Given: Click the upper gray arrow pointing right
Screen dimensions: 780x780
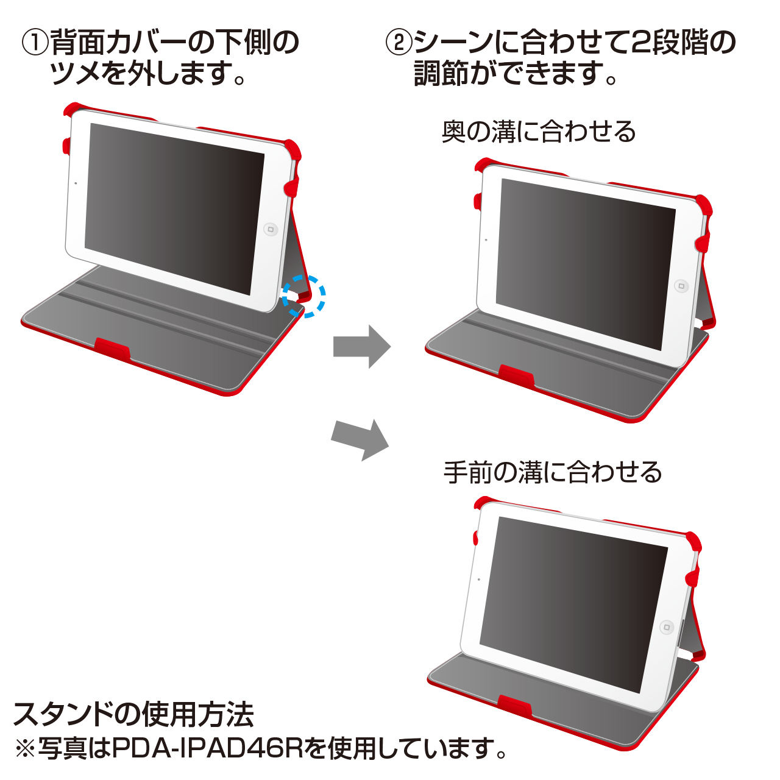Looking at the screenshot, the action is pyautogui.click(x=361, y=347).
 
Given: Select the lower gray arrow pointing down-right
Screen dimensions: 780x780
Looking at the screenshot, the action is pyautogui.click(x=360, y=439).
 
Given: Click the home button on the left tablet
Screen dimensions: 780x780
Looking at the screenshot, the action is pyautogui.click(x=271, y=230).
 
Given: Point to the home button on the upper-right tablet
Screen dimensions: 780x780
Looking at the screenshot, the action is pyautogui.click(x=682, y=286).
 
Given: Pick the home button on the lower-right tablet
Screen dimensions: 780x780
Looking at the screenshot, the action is pyautogui.click(x=667, y=628).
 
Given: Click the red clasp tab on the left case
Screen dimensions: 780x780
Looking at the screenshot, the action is pyautogui.click(x=112, y=349).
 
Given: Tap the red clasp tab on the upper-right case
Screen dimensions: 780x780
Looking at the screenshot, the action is pyautogui.click(x=516, y=376).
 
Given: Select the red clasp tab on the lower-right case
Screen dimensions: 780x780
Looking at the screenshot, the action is pyautogui.click(x=514, y=707).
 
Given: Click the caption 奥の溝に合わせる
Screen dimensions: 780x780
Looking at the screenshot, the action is pyautogui.click(x=538, y=132).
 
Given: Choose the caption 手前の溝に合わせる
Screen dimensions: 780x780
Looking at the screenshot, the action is pyautogui.click(x=552, y=472).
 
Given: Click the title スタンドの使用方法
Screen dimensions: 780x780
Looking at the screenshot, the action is pyautogui.click(x=133, y=714).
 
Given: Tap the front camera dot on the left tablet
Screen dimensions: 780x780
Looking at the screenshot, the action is pyautogui.click(x=76, y=183).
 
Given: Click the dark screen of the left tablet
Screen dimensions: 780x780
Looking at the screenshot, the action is pyautogui.click(x=174, y=209).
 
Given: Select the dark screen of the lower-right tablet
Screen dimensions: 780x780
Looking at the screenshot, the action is pyautogui.click(x=573, y=604).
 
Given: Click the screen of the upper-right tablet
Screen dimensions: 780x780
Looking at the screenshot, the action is pyautogui.click(x=586, y=264).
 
